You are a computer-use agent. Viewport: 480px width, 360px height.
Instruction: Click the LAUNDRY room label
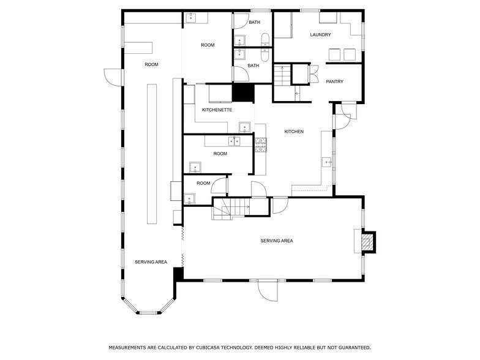320,35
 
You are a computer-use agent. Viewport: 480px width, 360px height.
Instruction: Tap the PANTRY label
334,81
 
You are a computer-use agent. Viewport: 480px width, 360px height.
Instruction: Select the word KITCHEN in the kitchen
294,132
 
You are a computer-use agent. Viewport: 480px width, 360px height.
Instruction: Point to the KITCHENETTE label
217,110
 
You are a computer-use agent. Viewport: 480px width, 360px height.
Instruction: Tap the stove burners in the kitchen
260,144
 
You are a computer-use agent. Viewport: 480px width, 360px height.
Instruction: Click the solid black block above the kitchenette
243,92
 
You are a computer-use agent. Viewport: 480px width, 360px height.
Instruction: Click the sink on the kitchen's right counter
327,162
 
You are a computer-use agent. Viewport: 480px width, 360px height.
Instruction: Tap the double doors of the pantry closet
313,75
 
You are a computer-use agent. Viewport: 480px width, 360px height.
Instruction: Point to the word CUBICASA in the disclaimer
219,347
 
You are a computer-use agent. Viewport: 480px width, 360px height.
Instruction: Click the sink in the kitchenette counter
245,127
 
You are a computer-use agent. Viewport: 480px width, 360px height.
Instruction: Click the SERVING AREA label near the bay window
151,262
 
